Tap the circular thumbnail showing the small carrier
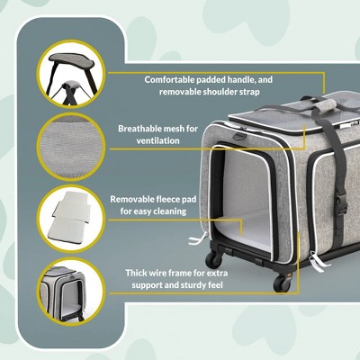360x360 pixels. [x=66, y=290]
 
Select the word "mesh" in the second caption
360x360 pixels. [x=196, y=129]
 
